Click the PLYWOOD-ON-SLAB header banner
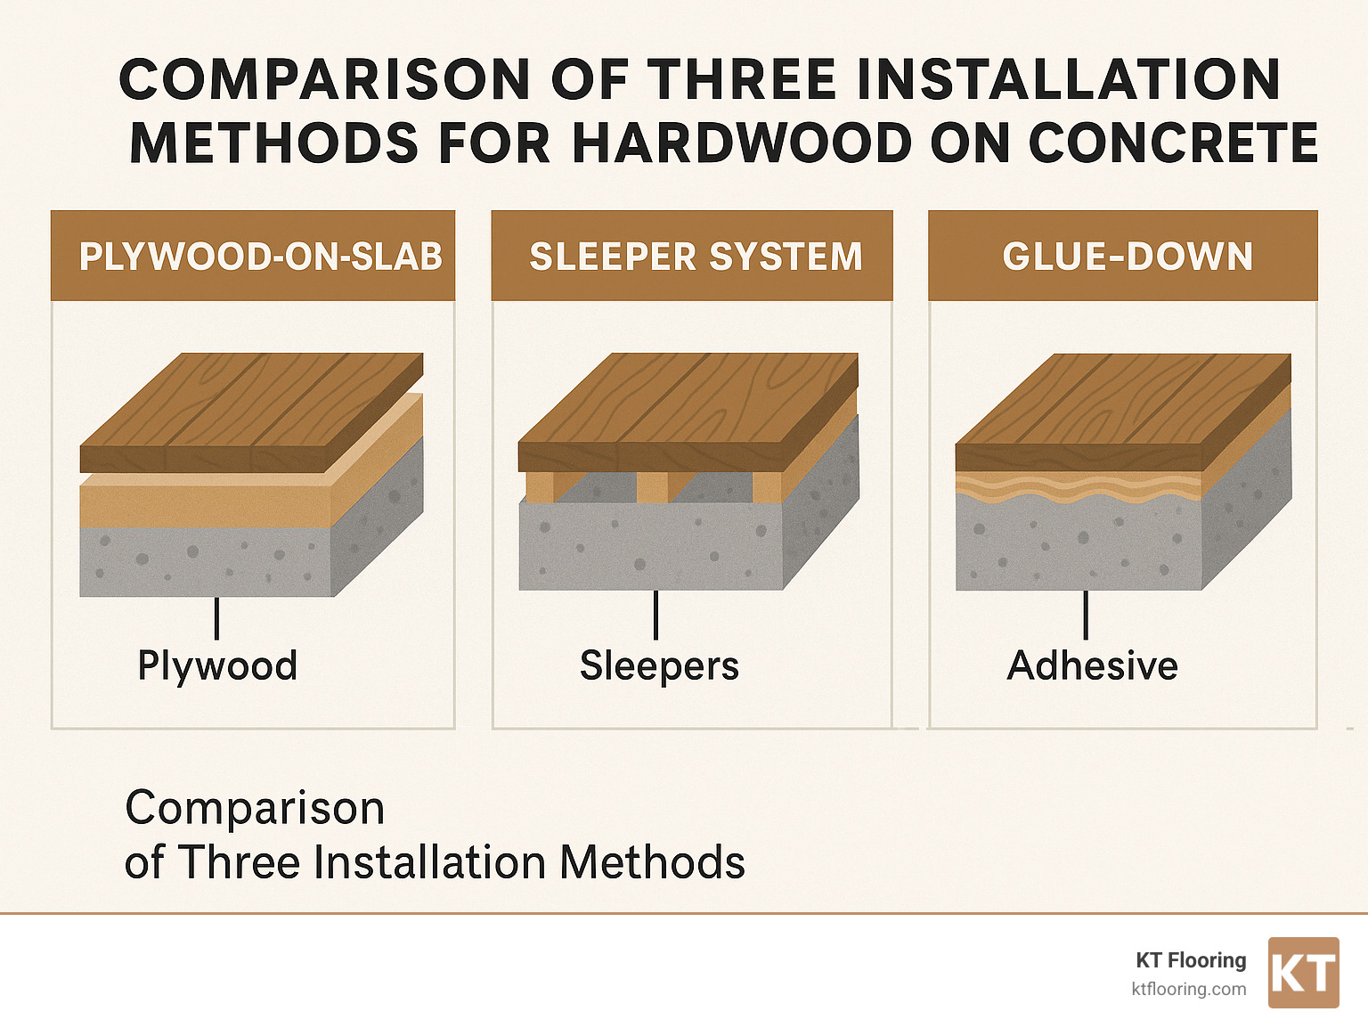[253, 256]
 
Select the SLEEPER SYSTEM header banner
[692, 256]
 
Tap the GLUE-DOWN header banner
[1123, 256]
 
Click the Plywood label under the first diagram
[217, 665]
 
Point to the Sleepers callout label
[659, 665]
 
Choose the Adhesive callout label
[1092, 665]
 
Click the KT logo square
[1303, 973]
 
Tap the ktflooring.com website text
[1188, 989]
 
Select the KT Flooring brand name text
[1191, 960]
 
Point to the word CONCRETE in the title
[1173, 143]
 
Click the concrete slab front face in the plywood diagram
[205, 561]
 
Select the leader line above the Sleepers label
[655, 615]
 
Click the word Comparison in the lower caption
[255, 808]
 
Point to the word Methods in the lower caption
[652, 862]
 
